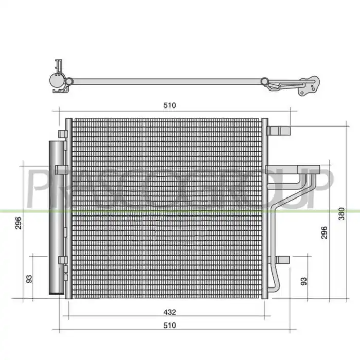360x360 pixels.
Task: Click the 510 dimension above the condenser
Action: tap(170, 105)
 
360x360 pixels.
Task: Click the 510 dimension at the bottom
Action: tap(170, 326)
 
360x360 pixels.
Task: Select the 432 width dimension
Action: tap(170, 312)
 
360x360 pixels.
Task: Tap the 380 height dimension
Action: tap(341, 214)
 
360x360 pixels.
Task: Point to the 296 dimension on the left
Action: tap(18, 223)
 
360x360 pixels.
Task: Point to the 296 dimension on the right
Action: tap(324, 232)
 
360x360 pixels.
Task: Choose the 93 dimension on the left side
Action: tap(29, 279)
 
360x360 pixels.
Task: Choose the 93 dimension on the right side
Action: tap(304, 281)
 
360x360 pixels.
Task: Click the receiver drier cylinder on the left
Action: tap(57, 218)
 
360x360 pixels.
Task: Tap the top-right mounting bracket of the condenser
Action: tap(279, 131)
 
